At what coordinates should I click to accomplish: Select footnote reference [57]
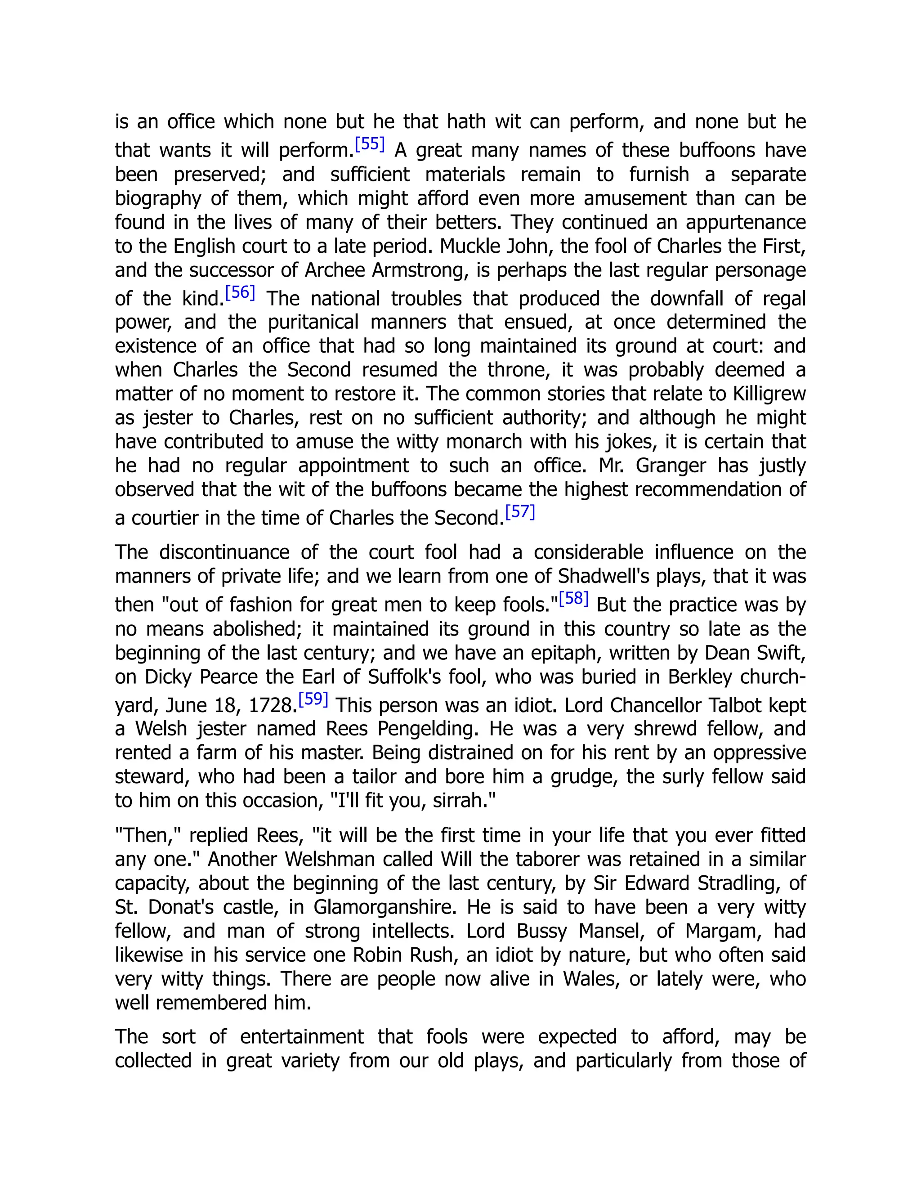coord(520,512)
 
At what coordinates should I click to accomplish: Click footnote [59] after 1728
coord(313,699)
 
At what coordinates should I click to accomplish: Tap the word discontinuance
coord(224,552)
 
